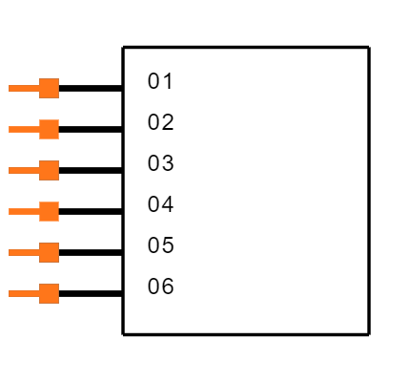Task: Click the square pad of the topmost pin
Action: point(49,88)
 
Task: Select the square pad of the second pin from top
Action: point(49,129)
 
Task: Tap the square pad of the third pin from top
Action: point(49,170)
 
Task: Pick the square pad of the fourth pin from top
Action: point(49,211)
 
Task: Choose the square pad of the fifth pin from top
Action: point(49,252)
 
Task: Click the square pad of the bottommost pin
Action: point(49,293)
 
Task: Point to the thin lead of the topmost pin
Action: point(24,88)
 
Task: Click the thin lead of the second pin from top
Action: point(24,129)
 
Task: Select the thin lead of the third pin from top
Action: point(24,170)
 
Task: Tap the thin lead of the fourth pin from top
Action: point(24,211)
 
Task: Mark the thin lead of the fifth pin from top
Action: point(24,252)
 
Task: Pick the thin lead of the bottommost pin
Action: point(24,293)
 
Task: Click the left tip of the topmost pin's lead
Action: point(10,88)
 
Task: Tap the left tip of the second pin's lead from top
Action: point(10,129)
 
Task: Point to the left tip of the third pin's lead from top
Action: point(10,170)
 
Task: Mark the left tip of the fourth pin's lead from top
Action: point(10,211)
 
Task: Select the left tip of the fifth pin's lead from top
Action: point(10,252)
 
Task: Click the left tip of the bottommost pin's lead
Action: point(10,293)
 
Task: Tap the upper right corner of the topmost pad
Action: point(58,79)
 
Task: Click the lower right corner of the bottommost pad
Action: point(58,303)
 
